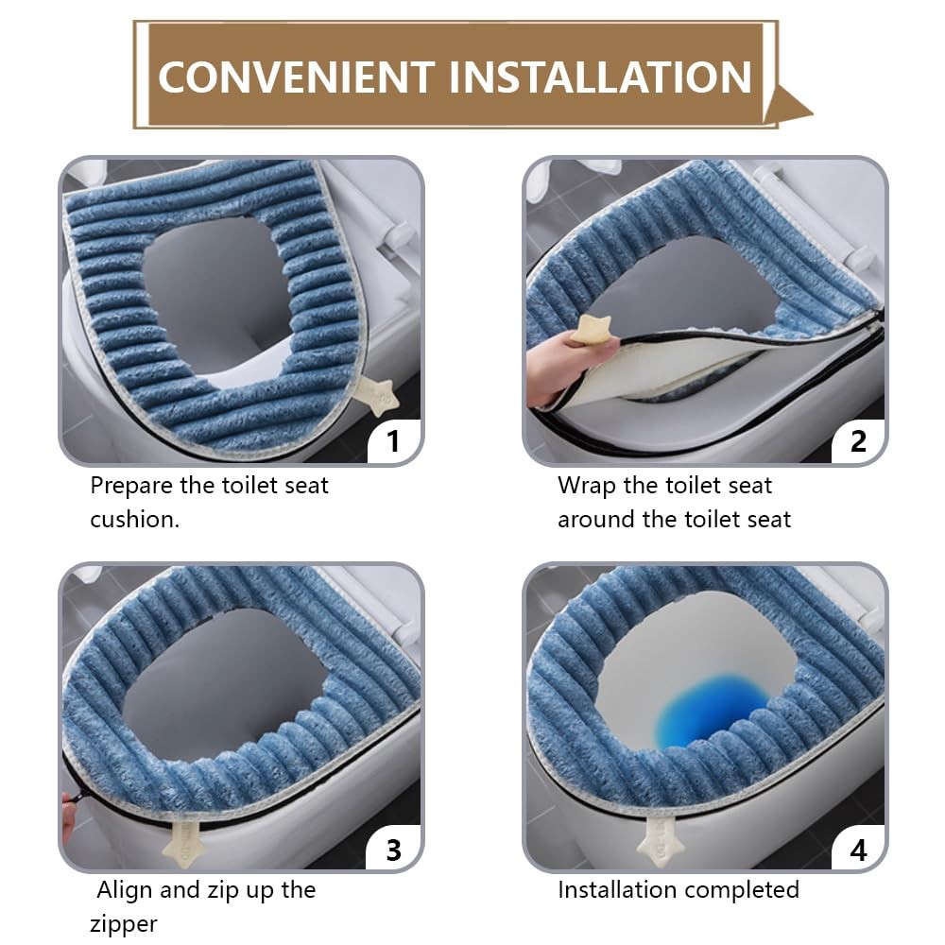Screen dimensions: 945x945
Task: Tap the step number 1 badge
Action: click(393, 441)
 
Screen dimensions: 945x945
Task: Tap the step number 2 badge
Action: click(858, 441)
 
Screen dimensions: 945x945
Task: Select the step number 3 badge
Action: click(393, 850)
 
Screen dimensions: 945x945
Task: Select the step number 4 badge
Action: click(858, 850)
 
